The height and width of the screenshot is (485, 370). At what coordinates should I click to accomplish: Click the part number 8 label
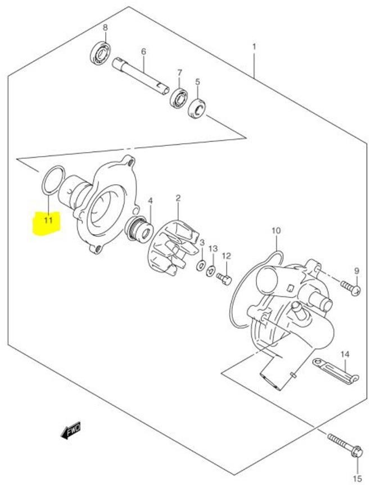point(105,28)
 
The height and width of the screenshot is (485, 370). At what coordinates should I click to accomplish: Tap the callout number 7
point(179,73)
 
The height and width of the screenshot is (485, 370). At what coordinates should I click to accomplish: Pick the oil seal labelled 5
point(197,108)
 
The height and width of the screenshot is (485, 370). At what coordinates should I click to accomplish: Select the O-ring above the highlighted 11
point(49,181)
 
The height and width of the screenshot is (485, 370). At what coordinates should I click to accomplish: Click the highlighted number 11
point(48,220)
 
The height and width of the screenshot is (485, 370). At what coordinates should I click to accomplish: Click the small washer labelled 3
point(201,264)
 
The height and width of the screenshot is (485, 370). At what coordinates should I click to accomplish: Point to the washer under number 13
point(211,271)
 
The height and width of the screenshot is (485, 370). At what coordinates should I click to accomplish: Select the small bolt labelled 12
point(224,278)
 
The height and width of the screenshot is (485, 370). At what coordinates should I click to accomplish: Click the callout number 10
point(276,231)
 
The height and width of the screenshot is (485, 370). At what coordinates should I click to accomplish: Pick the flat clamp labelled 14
point(335,373)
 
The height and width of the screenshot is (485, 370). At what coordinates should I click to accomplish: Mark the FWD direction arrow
point(71,431)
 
